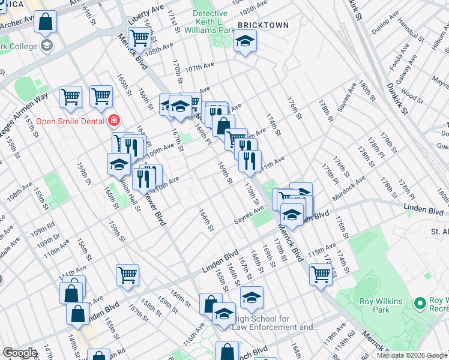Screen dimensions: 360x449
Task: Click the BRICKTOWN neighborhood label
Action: click(x=262, y=25)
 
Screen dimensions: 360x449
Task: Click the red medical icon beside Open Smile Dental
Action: click(x=113, y=121)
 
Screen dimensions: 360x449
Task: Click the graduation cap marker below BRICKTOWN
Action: click(x=244, y=41)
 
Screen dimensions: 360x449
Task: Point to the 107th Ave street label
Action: click(x=199, y=68)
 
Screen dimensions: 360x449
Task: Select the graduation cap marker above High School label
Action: click(x=252, y=296)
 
